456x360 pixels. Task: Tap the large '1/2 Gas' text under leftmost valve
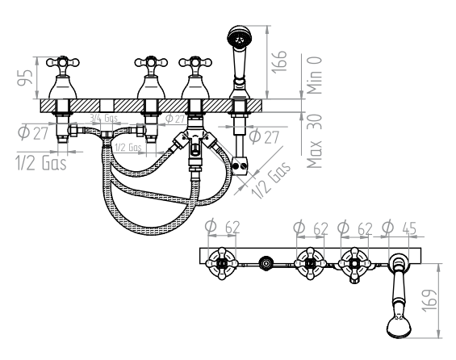click(x=38, y=161)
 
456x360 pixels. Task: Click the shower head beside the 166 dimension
click(x=238, y=37)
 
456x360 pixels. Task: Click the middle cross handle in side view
click(x=149, y=62)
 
